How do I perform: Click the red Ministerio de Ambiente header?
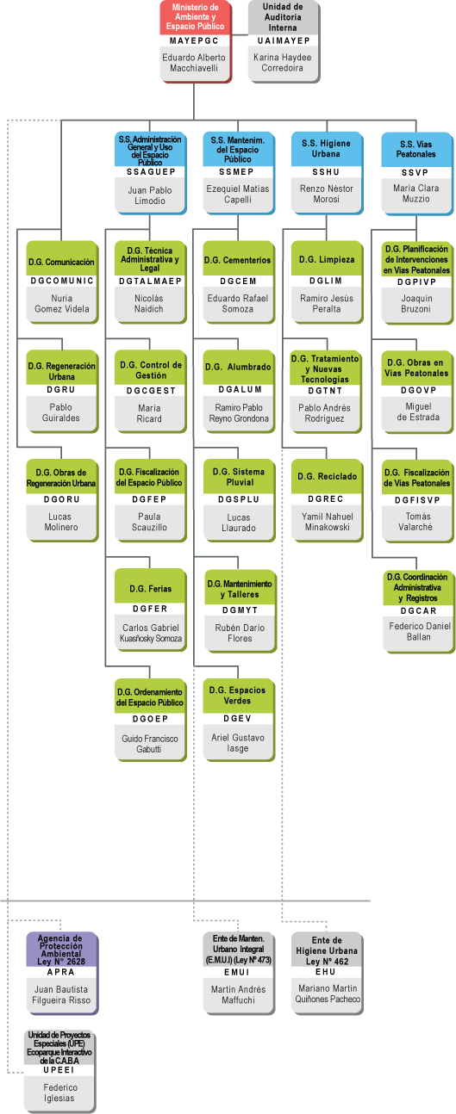coord(195,17)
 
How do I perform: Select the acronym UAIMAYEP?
coord(284,40)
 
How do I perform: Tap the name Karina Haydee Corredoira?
coord(282,63)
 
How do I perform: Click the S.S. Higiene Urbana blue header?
coord(326,149)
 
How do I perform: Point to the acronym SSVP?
coord(415,172)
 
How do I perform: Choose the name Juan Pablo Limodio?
coord(150,195)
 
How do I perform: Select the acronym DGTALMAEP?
coord(150,281)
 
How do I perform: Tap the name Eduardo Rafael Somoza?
coord(237,303)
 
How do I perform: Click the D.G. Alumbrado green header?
coord(238,367)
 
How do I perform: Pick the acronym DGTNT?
coord(325,391)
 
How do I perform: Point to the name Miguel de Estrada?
coord(418,412)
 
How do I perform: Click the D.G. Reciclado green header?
coord(327,476)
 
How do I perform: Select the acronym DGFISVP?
coord(418,500)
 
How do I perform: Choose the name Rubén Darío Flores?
coord(240,633)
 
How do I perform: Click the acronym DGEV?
coord(237,719)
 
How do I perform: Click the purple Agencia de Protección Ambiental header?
coord(62,950)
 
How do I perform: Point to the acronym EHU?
coord(326,972)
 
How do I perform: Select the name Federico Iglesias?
coord(59,1093)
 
